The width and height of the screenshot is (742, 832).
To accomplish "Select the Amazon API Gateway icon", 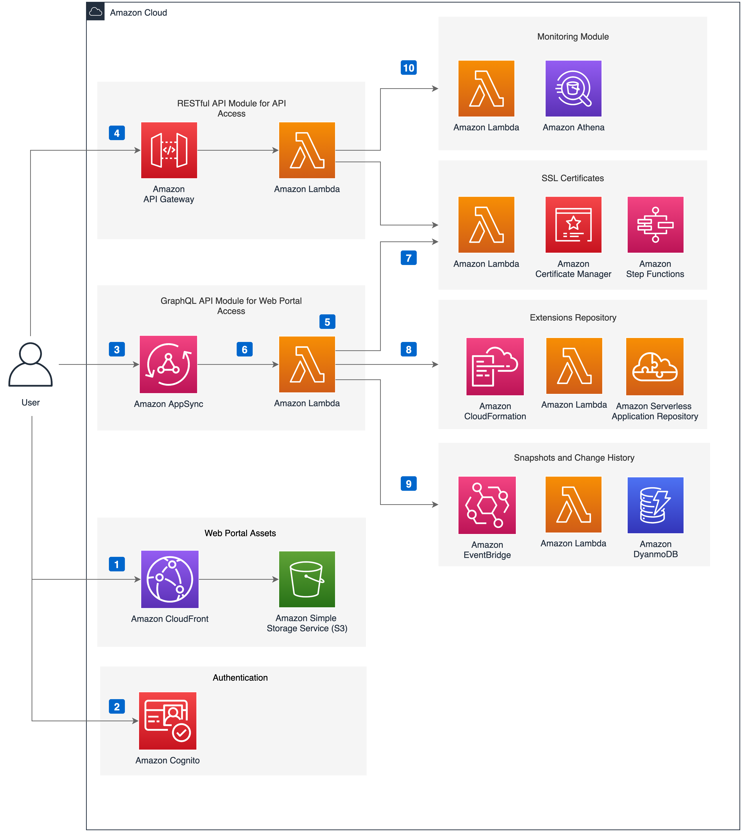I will [x=169, y=150].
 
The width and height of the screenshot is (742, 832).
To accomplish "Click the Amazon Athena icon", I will [x=573, y=88].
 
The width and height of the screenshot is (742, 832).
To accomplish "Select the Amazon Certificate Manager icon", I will [x=573, y=225].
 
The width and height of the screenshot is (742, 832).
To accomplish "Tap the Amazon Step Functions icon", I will [x=655, y=225].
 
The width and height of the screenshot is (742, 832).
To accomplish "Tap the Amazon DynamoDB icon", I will [x=655, y=505].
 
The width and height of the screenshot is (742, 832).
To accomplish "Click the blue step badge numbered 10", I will [x=409, y=68].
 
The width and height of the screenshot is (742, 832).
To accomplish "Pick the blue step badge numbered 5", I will [x=327, y=322].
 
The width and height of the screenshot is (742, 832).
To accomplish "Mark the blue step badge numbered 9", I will [x=409, y=484].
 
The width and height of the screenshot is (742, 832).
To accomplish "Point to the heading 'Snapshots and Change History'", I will [x=574, y=457].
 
